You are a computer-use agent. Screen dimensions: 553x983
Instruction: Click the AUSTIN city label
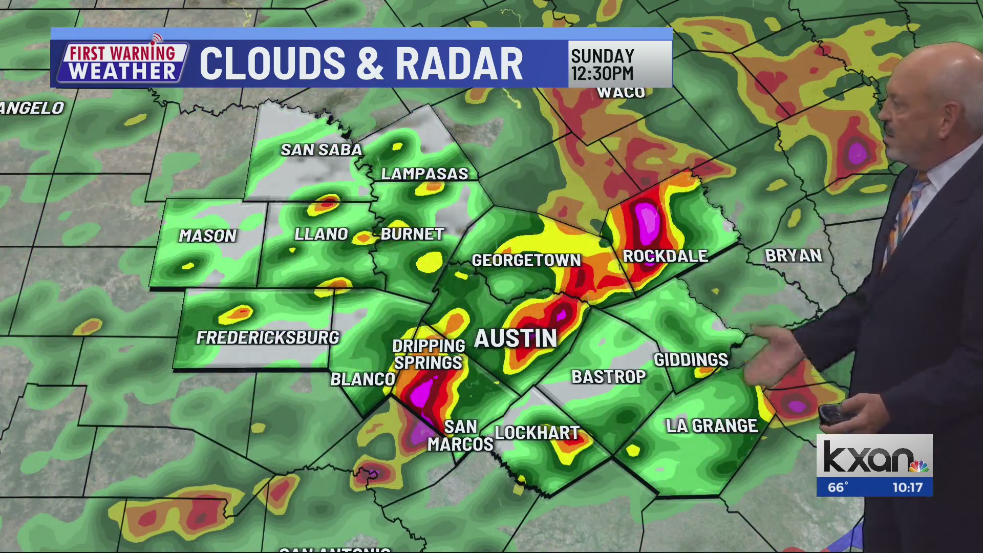coord(516,339)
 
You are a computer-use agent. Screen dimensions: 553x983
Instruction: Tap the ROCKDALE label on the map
coord(665,256)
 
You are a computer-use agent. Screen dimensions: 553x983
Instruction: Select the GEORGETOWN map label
coord(526,260)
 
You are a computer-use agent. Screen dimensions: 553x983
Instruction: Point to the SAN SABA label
coord(321,150)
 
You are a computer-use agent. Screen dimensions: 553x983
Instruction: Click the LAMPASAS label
coord(424,174)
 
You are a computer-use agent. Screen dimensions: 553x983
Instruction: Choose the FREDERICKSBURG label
coord(268,337)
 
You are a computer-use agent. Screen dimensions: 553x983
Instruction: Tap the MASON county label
coord(207,236)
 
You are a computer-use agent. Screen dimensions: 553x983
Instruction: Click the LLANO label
coord(321,234)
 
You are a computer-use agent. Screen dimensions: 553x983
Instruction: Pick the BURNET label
coord(412,234)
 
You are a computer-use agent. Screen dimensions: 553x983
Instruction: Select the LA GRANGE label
coord(711,426)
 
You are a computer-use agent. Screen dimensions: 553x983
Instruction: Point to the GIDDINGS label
coord(691,359)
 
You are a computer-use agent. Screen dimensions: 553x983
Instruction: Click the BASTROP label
coord(609,377)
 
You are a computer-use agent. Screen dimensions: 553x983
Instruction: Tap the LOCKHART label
coord(537,433)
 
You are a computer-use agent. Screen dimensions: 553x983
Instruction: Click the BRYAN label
coord(793,256)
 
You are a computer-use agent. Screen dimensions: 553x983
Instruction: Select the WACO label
coord(621,93)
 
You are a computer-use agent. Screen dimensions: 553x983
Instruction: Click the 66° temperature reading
coord(838,487)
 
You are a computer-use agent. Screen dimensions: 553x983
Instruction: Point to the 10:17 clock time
coord(907,487)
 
